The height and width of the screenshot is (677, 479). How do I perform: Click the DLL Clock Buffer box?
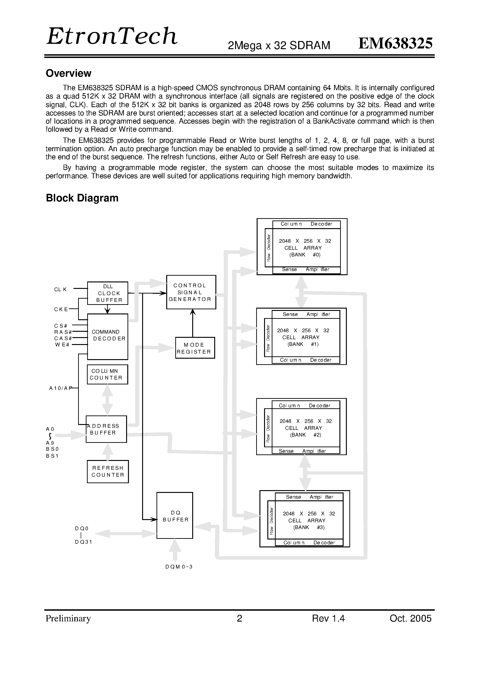pyautogui.click(x=108, y=293)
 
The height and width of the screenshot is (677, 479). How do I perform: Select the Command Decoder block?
pyautogui.click(x=108, y=337)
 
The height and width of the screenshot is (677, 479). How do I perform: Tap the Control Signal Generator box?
pyautogui.click(x=191, y=292)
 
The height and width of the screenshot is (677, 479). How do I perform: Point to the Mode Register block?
pyautogui.click(x=195, y=348)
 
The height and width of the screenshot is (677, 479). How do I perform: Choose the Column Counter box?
pyautogui.click(x=107, y=374)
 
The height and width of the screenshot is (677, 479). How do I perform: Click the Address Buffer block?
pyautogui.click(x=106, y=429)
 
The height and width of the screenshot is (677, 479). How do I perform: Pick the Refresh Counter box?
pyautogui.click(x=108, y=472)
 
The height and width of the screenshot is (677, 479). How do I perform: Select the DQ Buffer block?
pyautogui.click(x=175, y=515)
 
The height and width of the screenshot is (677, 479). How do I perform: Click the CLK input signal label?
pyautogui.click(x=61, y=290)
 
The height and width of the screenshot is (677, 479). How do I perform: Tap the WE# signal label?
pyautogui.click(x=62, y=345)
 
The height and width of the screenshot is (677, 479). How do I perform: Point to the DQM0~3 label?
pyautogui.click(x=179, y=567)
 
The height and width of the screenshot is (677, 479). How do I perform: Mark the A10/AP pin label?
pyautogui.click(x=61, y=388)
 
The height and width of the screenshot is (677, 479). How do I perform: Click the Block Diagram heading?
pyautogui.click(x=82, y=198)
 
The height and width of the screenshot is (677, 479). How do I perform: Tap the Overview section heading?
pyautogui.click(x=68, y=73)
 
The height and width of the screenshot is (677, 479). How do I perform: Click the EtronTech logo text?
pyautogui.click(x=112, y=36)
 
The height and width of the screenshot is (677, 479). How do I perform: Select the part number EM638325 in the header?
pyautogui.click(x=396, y=43)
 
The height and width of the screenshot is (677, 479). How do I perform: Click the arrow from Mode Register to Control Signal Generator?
pyautogui.click(x=193, y=323)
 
